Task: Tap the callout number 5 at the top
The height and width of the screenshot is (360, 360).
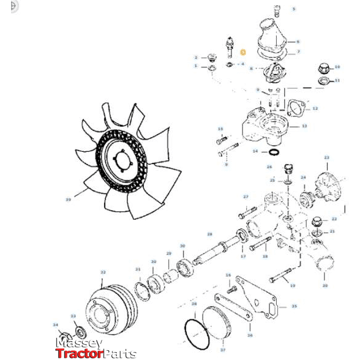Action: (293, 9)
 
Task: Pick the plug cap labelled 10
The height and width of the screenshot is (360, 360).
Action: (323, 68)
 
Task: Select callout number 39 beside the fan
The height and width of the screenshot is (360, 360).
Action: (68, 199)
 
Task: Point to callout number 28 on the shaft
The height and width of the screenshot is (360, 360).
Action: (209, 234)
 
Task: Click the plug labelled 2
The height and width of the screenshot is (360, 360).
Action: (212, 59)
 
